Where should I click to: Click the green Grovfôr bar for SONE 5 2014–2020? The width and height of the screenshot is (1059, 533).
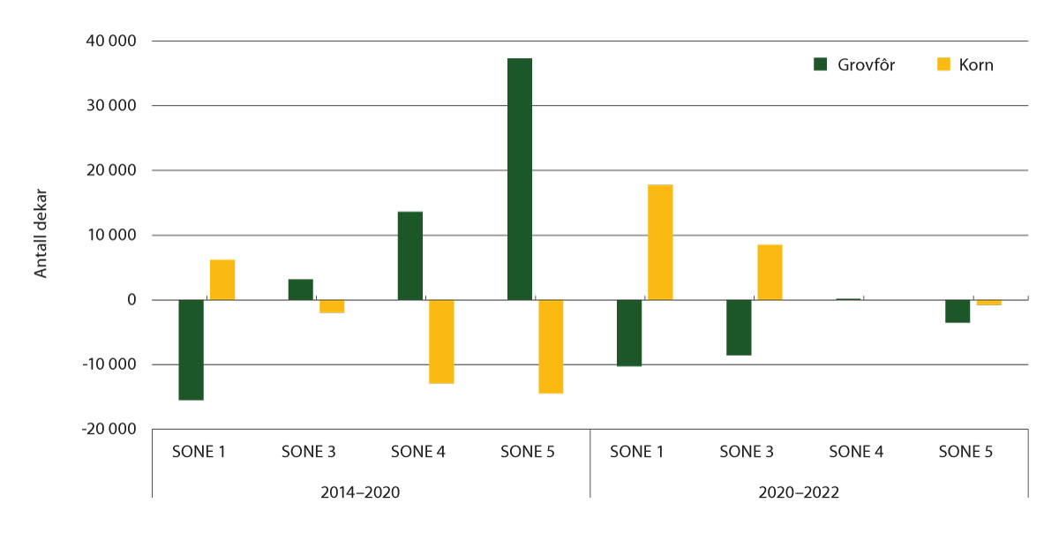520,179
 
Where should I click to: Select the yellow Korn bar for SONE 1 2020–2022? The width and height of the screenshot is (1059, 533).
660,242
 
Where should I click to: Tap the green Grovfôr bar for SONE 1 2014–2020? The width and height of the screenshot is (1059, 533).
192,349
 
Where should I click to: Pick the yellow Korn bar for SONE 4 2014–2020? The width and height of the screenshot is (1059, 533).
441,342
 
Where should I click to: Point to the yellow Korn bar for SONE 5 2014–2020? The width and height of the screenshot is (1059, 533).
551,346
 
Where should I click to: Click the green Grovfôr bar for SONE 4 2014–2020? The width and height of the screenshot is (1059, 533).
410,256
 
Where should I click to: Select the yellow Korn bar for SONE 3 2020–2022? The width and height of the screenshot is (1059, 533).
770,272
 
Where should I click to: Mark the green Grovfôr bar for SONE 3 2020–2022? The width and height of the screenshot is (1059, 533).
739,327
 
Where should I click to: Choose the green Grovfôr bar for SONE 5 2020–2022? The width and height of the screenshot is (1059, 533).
958,312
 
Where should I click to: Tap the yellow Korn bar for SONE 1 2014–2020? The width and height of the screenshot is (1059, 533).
222,280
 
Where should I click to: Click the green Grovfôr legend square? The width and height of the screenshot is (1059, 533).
820,64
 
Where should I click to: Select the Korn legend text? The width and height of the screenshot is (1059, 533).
976,65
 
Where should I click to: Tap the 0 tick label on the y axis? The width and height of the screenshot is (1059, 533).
131,300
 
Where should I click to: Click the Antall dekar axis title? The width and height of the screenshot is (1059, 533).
41,235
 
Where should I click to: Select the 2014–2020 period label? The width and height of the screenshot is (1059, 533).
370,492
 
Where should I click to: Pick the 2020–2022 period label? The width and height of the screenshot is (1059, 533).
808,492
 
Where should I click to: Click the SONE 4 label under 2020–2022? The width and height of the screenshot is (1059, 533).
856,453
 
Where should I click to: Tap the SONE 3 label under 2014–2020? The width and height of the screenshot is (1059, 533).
308,453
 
